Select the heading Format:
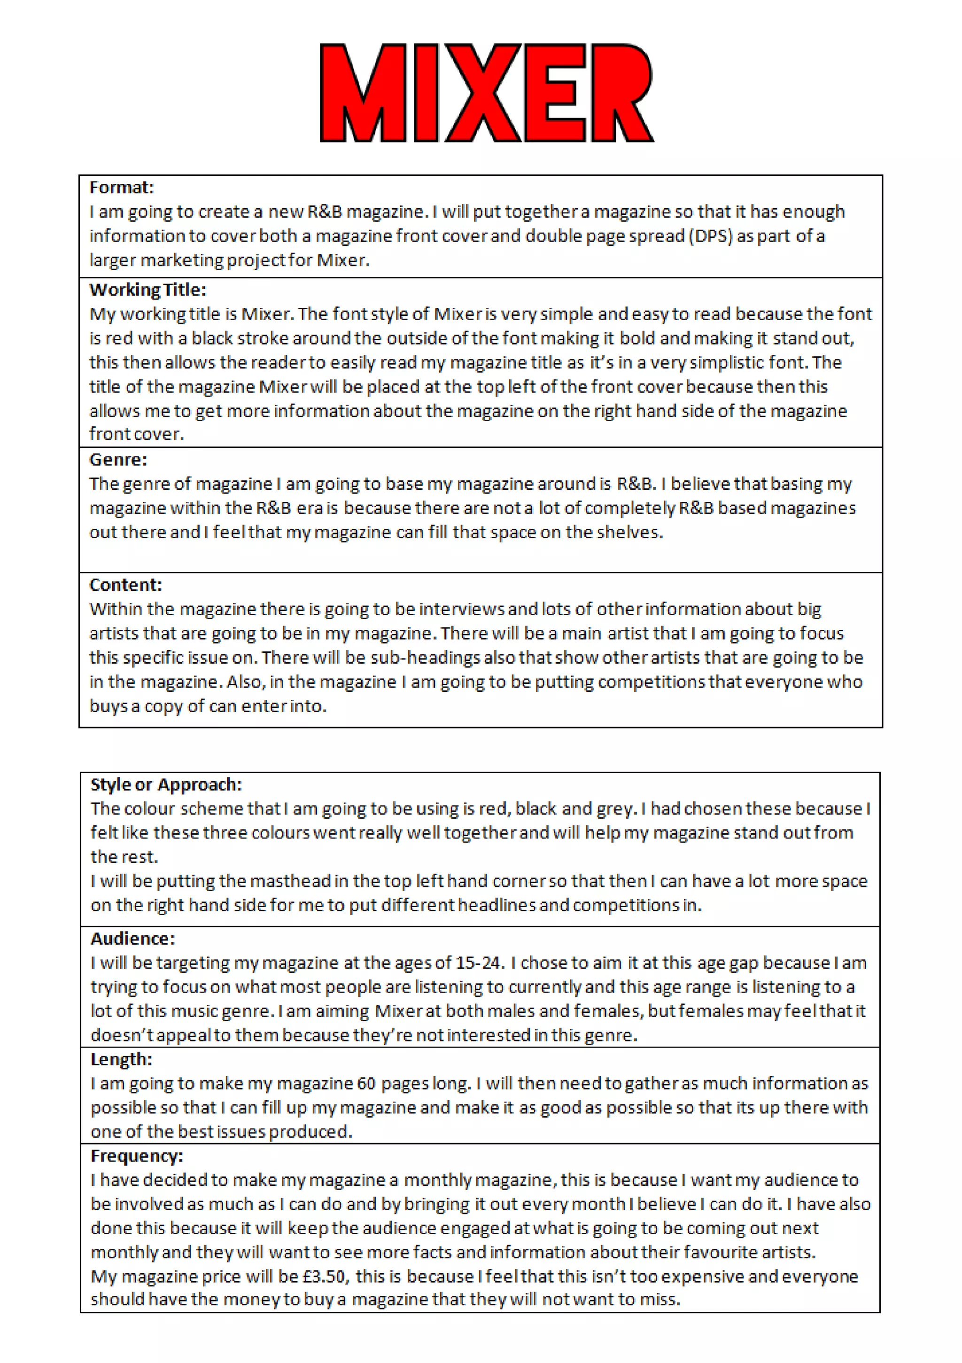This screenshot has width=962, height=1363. click(x=121, y=188)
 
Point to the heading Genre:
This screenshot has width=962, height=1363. click(x=118, y=460)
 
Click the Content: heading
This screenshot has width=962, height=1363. click(x=125, y=585)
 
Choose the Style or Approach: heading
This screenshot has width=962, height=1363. click(x=166, y=784)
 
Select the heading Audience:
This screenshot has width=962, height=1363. click(x=132, y=939)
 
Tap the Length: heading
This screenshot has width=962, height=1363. click(x=121, y=1059)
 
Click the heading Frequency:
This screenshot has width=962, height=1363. click(x=137, y=1156)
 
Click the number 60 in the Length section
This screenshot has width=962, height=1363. click(x=366, y=1083)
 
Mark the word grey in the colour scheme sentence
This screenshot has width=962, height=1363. click(x=620, y=808)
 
